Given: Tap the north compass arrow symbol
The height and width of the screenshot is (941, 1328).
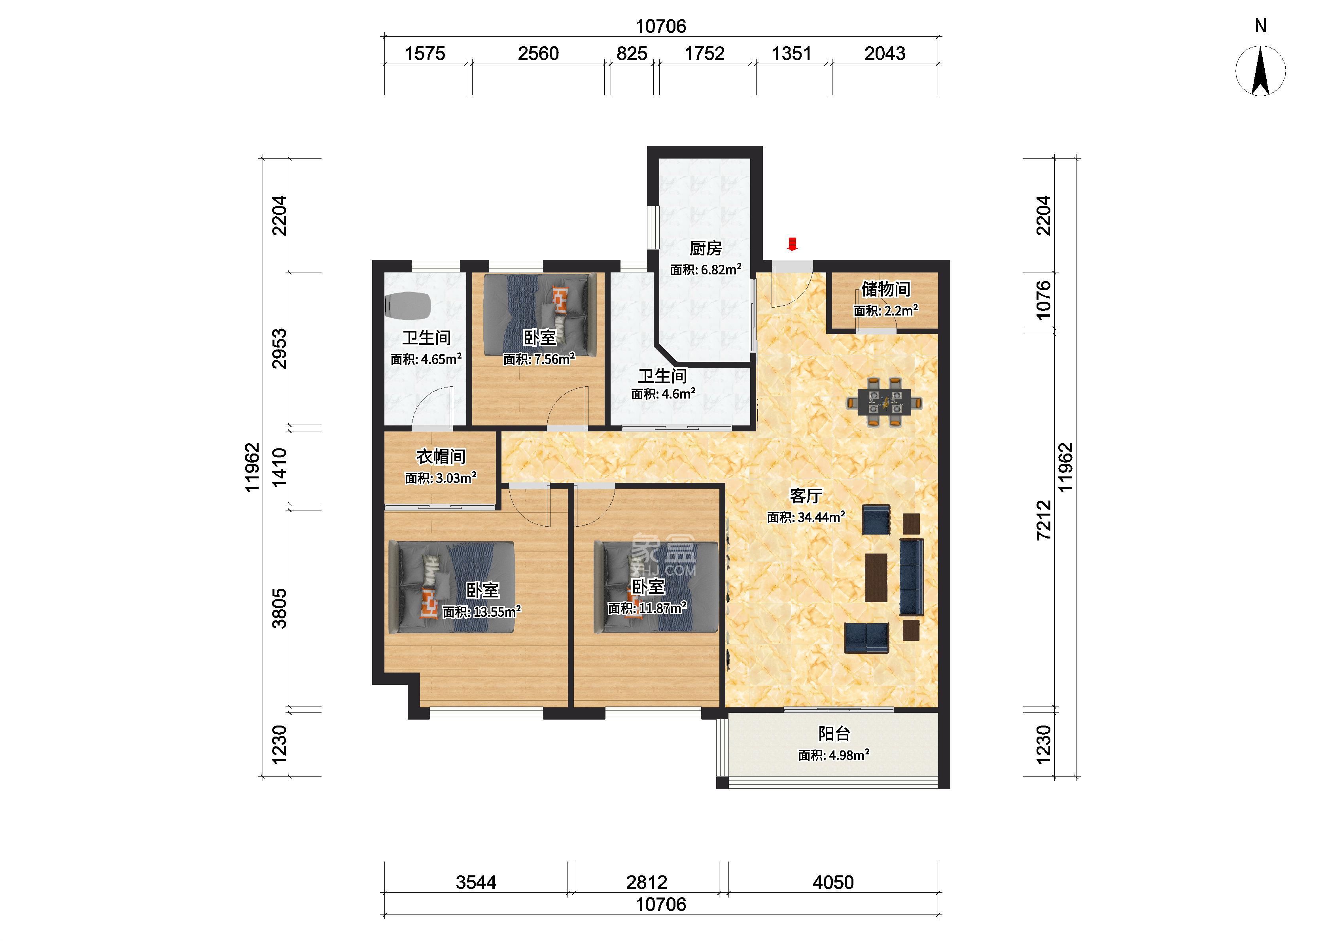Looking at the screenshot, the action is click(x=1260, y=71).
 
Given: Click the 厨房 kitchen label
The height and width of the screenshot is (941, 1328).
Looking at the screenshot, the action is click(x=705, y=249).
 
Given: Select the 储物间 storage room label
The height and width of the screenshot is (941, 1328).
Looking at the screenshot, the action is click(x=885, y=289).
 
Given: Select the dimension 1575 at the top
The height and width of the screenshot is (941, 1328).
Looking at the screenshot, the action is click(x=425, y=54).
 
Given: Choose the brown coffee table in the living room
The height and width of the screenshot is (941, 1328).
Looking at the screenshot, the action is click(x=876, y=578).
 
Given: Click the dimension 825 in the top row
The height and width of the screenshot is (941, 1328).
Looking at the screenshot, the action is click(x=632, y=54).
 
